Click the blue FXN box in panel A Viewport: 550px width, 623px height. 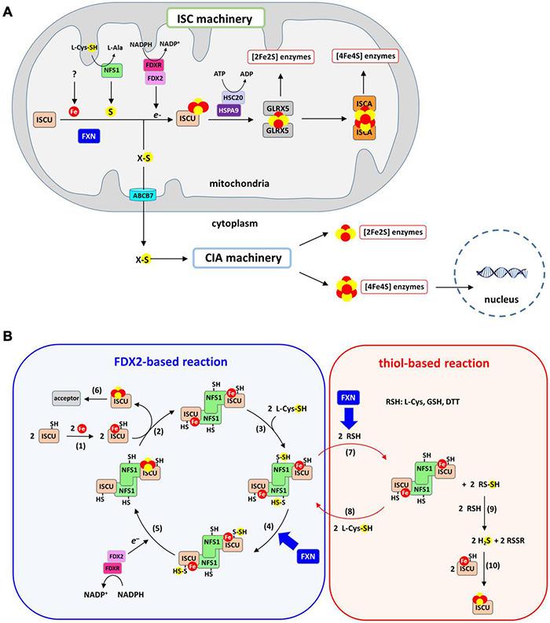point(93,137)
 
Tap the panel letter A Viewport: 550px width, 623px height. point(9,9)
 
